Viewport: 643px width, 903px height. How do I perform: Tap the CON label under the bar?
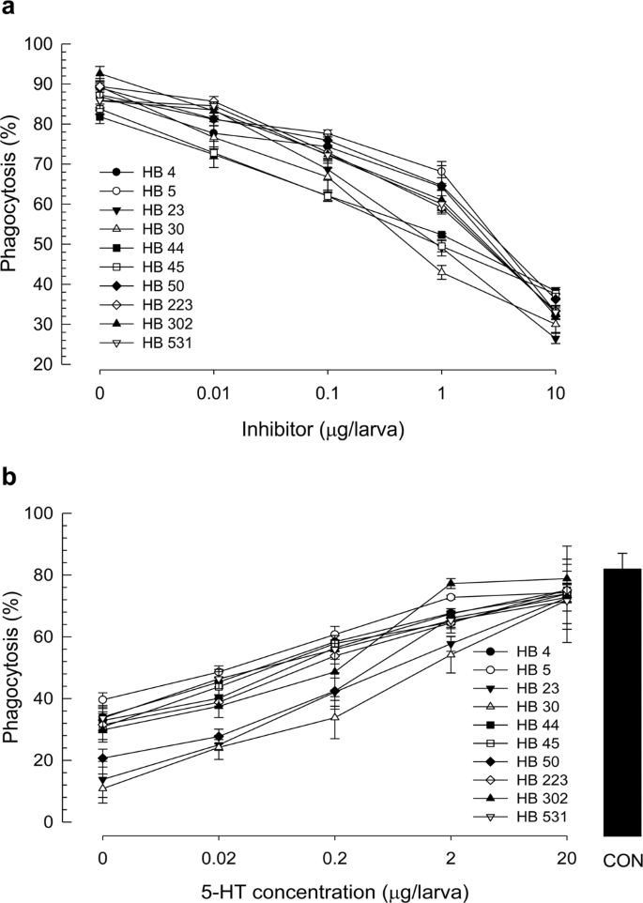[620, 861]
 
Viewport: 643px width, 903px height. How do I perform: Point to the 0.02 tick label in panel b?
[217, 846]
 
